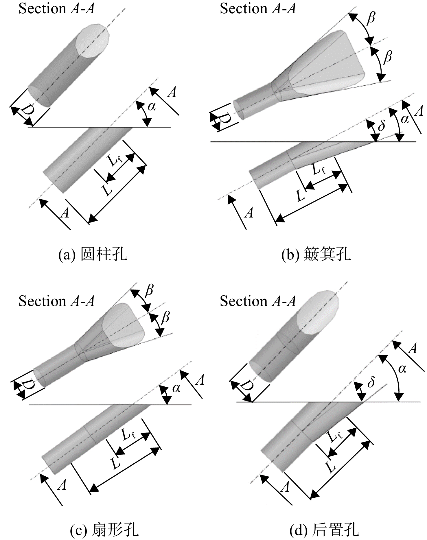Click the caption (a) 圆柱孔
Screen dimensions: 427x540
[x=93, y=255]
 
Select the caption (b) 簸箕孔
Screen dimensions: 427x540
[x=316, y=255]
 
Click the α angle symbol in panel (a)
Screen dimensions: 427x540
[x=152, y=107]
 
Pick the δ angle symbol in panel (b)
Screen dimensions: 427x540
[x=381, y=125]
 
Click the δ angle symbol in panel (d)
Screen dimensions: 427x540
[x=371, y=382]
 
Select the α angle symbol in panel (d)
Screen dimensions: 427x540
[x=402, y=369]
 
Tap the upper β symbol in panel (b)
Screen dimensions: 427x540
[x=371, y=18]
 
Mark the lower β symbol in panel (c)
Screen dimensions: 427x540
[x=165, y=318]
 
